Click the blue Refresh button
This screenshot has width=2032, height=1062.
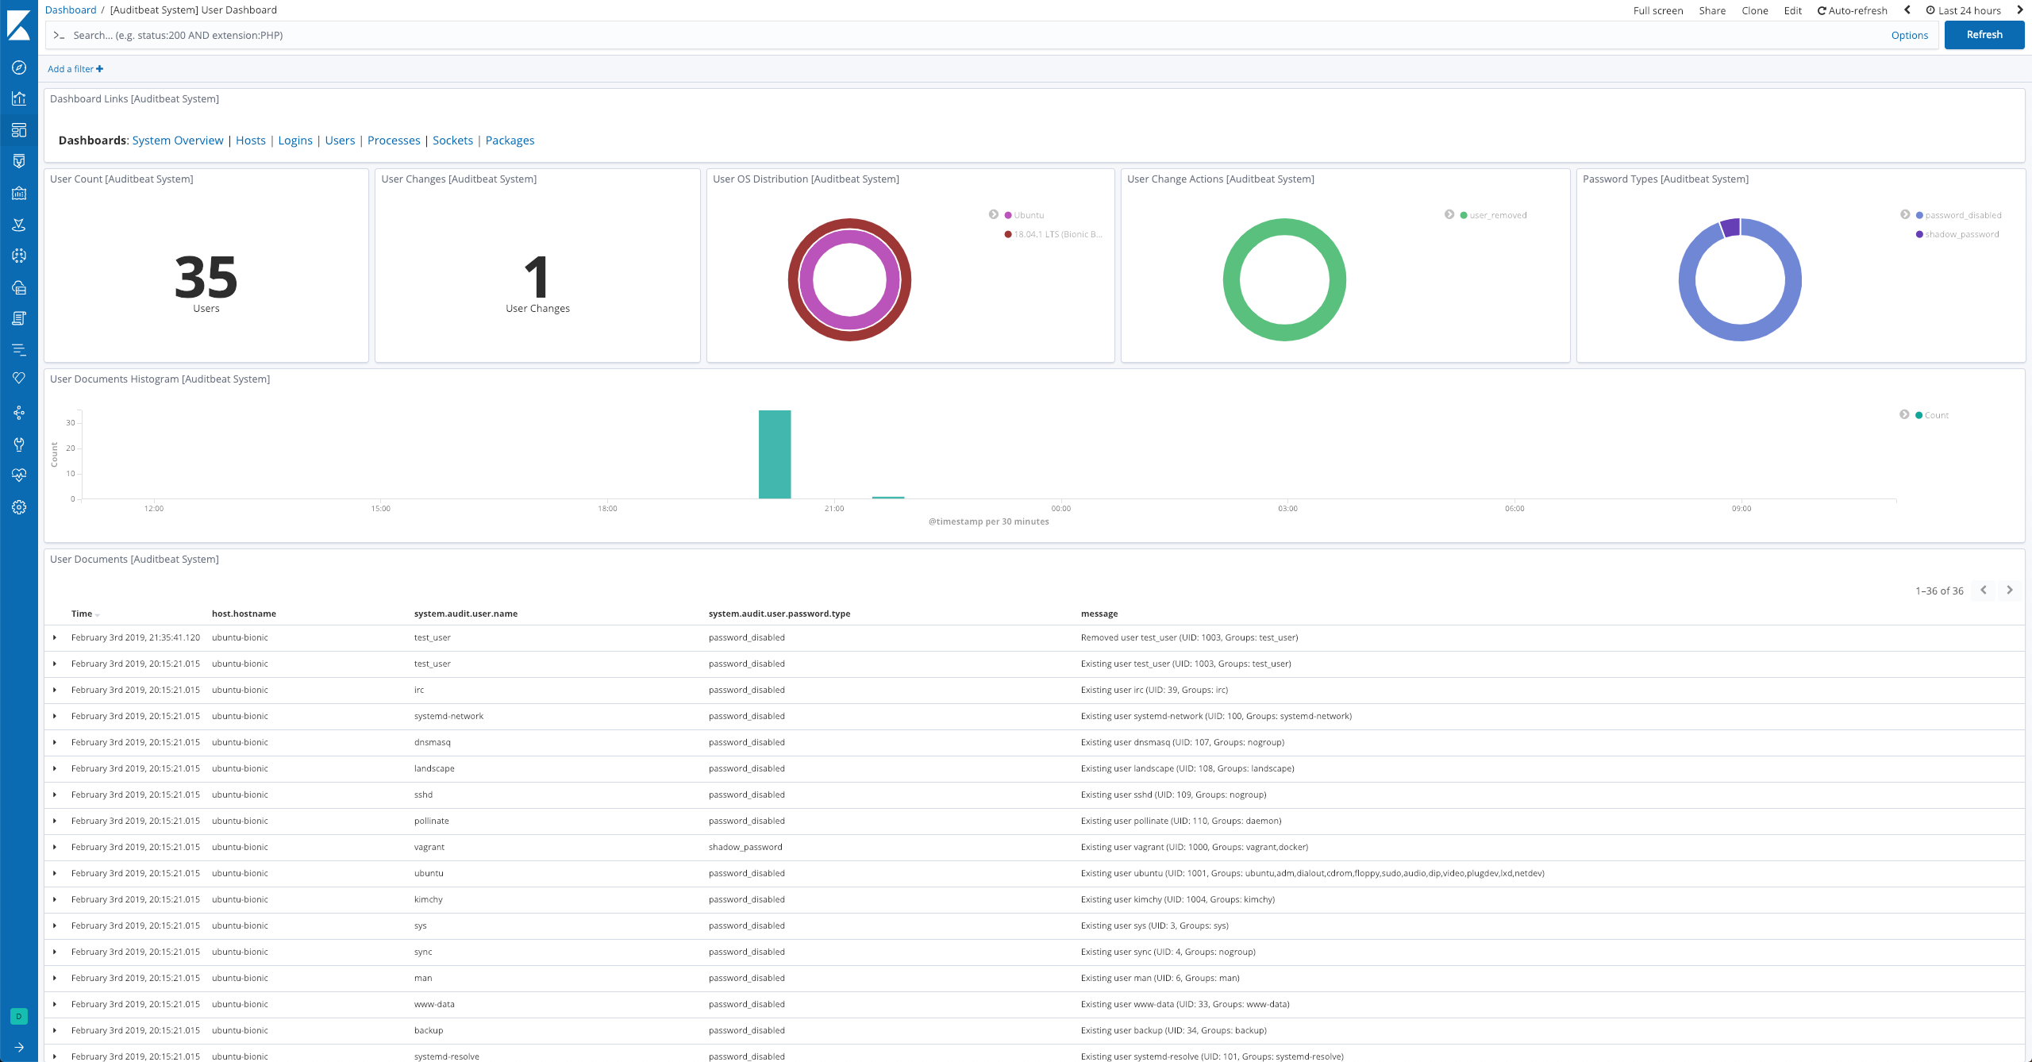click(1984, 35)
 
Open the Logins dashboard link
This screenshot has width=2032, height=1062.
click(294, 140)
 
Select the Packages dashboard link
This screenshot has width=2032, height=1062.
click(510, 140)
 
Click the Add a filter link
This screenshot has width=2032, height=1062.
click(75, 69)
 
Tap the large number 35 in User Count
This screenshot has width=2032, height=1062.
click(206, 277)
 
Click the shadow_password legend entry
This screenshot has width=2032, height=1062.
click(1961, 234)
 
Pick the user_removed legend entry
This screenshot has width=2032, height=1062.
click(1497, 215)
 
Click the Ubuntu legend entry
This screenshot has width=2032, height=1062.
click(1028, 215)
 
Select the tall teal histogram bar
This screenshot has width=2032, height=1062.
click(774, 454)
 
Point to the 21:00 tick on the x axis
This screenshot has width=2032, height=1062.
click(833, 508)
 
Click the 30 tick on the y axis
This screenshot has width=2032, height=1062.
click(71, 423)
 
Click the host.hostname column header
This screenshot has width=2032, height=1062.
click(244, 614)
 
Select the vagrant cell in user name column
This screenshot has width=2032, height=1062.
click(429, 847)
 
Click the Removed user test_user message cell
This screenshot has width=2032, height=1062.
click(1189, 637)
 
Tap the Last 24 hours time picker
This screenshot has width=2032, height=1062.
click(1968, 10)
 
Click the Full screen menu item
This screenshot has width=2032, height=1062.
click(1657, 10)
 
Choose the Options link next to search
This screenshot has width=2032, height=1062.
click(1909, 35)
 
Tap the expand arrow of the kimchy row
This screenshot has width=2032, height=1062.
click(55, 899)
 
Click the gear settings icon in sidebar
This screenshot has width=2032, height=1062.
click(19, 507)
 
